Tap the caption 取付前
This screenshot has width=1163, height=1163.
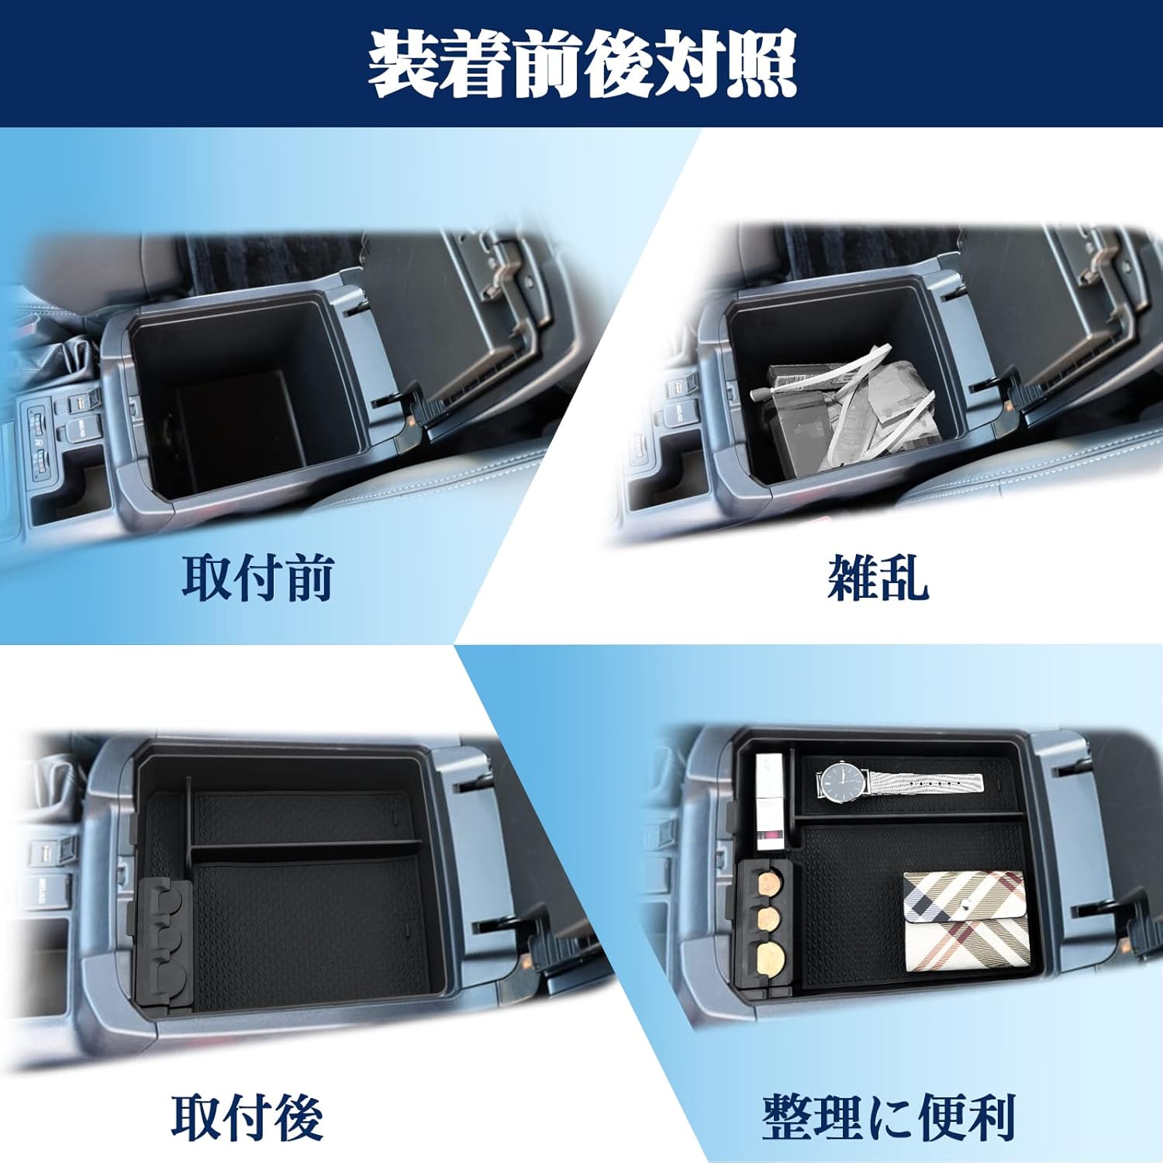[x=257, y=578]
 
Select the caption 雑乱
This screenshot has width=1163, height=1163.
[x=878, y=578]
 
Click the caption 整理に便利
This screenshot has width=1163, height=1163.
[x=889, y=1116]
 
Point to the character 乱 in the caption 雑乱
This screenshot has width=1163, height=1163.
[x=904, y=578]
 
